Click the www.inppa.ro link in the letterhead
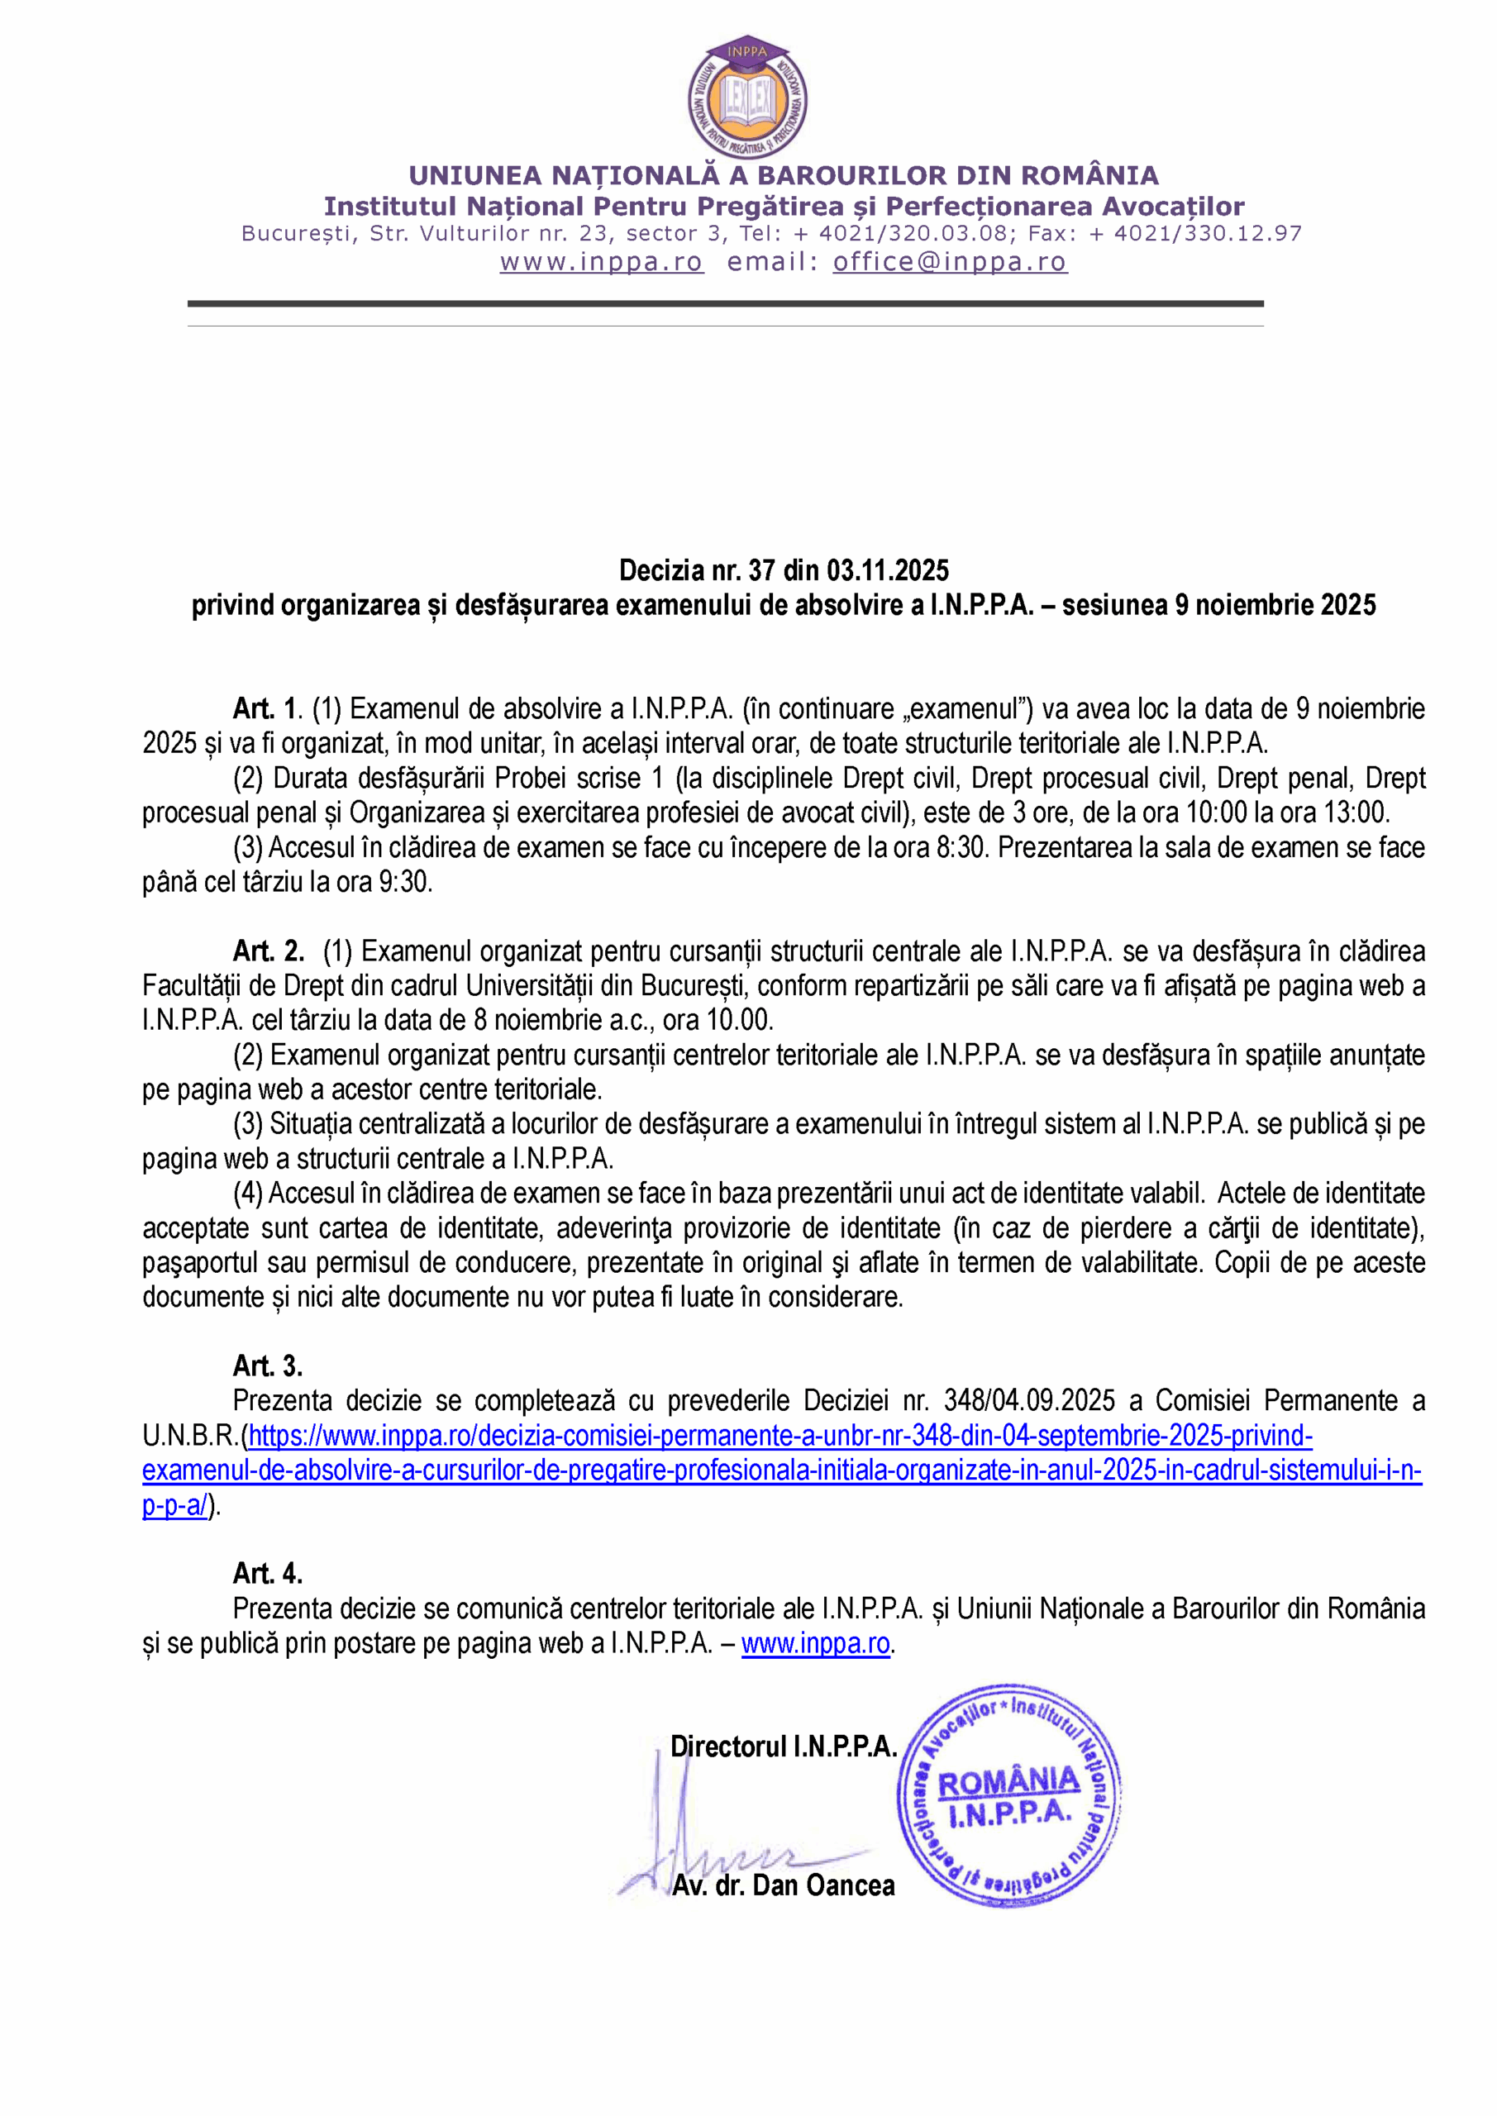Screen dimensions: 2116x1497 click(x=601, y=263)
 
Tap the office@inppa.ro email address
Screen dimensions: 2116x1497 click(x=950, y=263)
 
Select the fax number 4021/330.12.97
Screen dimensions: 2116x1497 click(x=1208, y=234)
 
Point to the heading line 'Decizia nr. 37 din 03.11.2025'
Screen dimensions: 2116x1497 click(x=784, y=570)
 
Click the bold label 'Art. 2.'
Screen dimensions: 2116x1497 click(x=269, y=951)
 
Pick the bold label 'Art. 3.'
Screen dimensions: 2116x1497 click(x=267, y=1365)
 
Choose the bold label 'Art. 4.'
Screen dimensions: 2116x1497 click(x=267, y=1573)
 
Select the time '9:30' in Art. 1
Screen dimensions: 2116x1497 click(x=406, y=883)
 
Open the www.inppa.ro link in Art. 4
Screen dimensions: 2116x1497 click(x=815, y=1643)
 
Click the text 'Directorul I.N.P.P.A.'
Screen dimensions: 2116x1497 click(x=784, y=1747)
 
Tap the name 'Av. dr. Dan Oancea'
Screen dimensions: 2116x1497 click(x=784, y=1885)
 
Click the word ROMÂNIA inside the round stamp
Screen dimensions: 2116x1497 click(x=1008, y=1781)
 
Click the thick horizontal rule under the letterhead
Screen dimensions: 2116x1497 click(x=725, y=303)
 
